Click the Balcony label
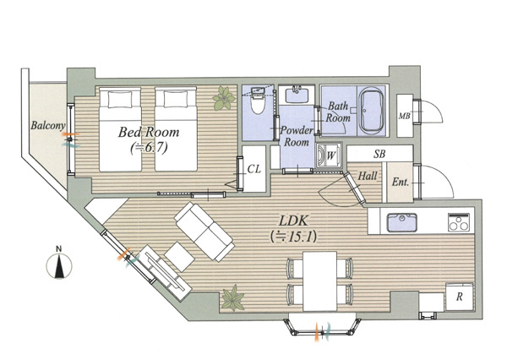tap(48, 125)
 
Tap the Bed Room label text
tap(149, 132)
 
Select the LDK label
tap(293, 221)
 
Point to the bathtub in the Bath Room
tap(371, 111)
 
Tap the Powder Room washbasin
tap(297, 94)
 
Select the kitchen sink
tap(402, 222)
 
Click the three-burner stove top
tap(459, 222)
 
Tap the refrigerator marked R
tap(459, 297)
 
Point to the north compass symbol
tap(59, 265)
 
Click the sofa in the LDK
tap(204, 231)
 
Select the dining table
tap(319, 281)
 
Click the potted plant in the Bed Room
tap(224, 98)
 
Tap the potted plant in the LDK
tap(232, 298)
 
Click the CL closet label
tap(253, 169)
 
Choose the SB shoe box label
tap(379, 154)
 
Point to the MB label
tap(404, 116)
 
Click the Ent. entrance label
tap(401, 182)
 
